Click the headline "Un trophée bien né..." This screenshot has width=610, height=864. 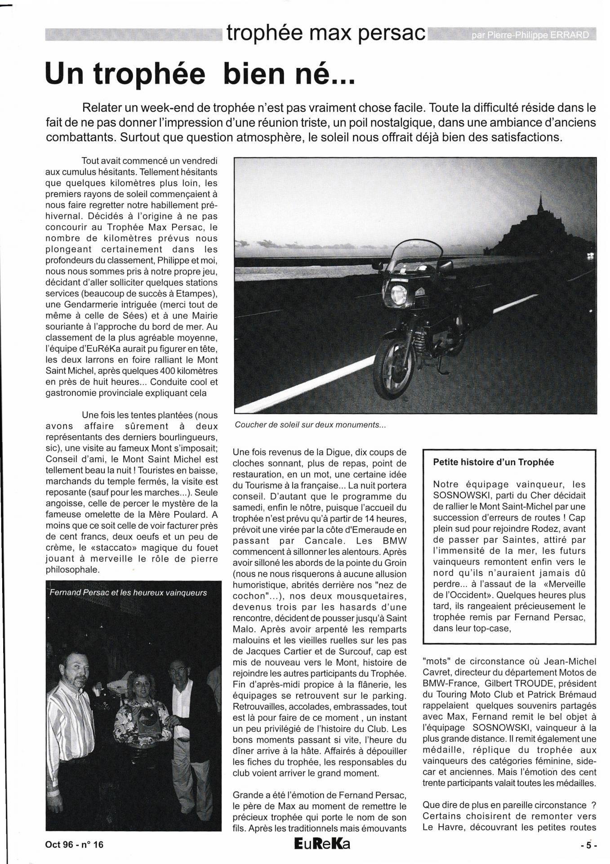200,75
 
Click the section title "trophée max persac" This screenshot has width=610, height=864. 326,32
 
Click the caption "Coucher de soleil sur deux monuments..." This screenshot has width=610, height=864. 310,425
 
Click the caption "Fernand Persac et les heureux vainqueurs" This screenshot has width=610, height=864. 128,593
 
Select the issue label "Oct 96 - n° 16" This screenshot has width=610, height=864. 74,845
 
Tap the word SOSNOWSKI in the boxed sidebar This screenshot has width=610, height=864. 461,495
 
